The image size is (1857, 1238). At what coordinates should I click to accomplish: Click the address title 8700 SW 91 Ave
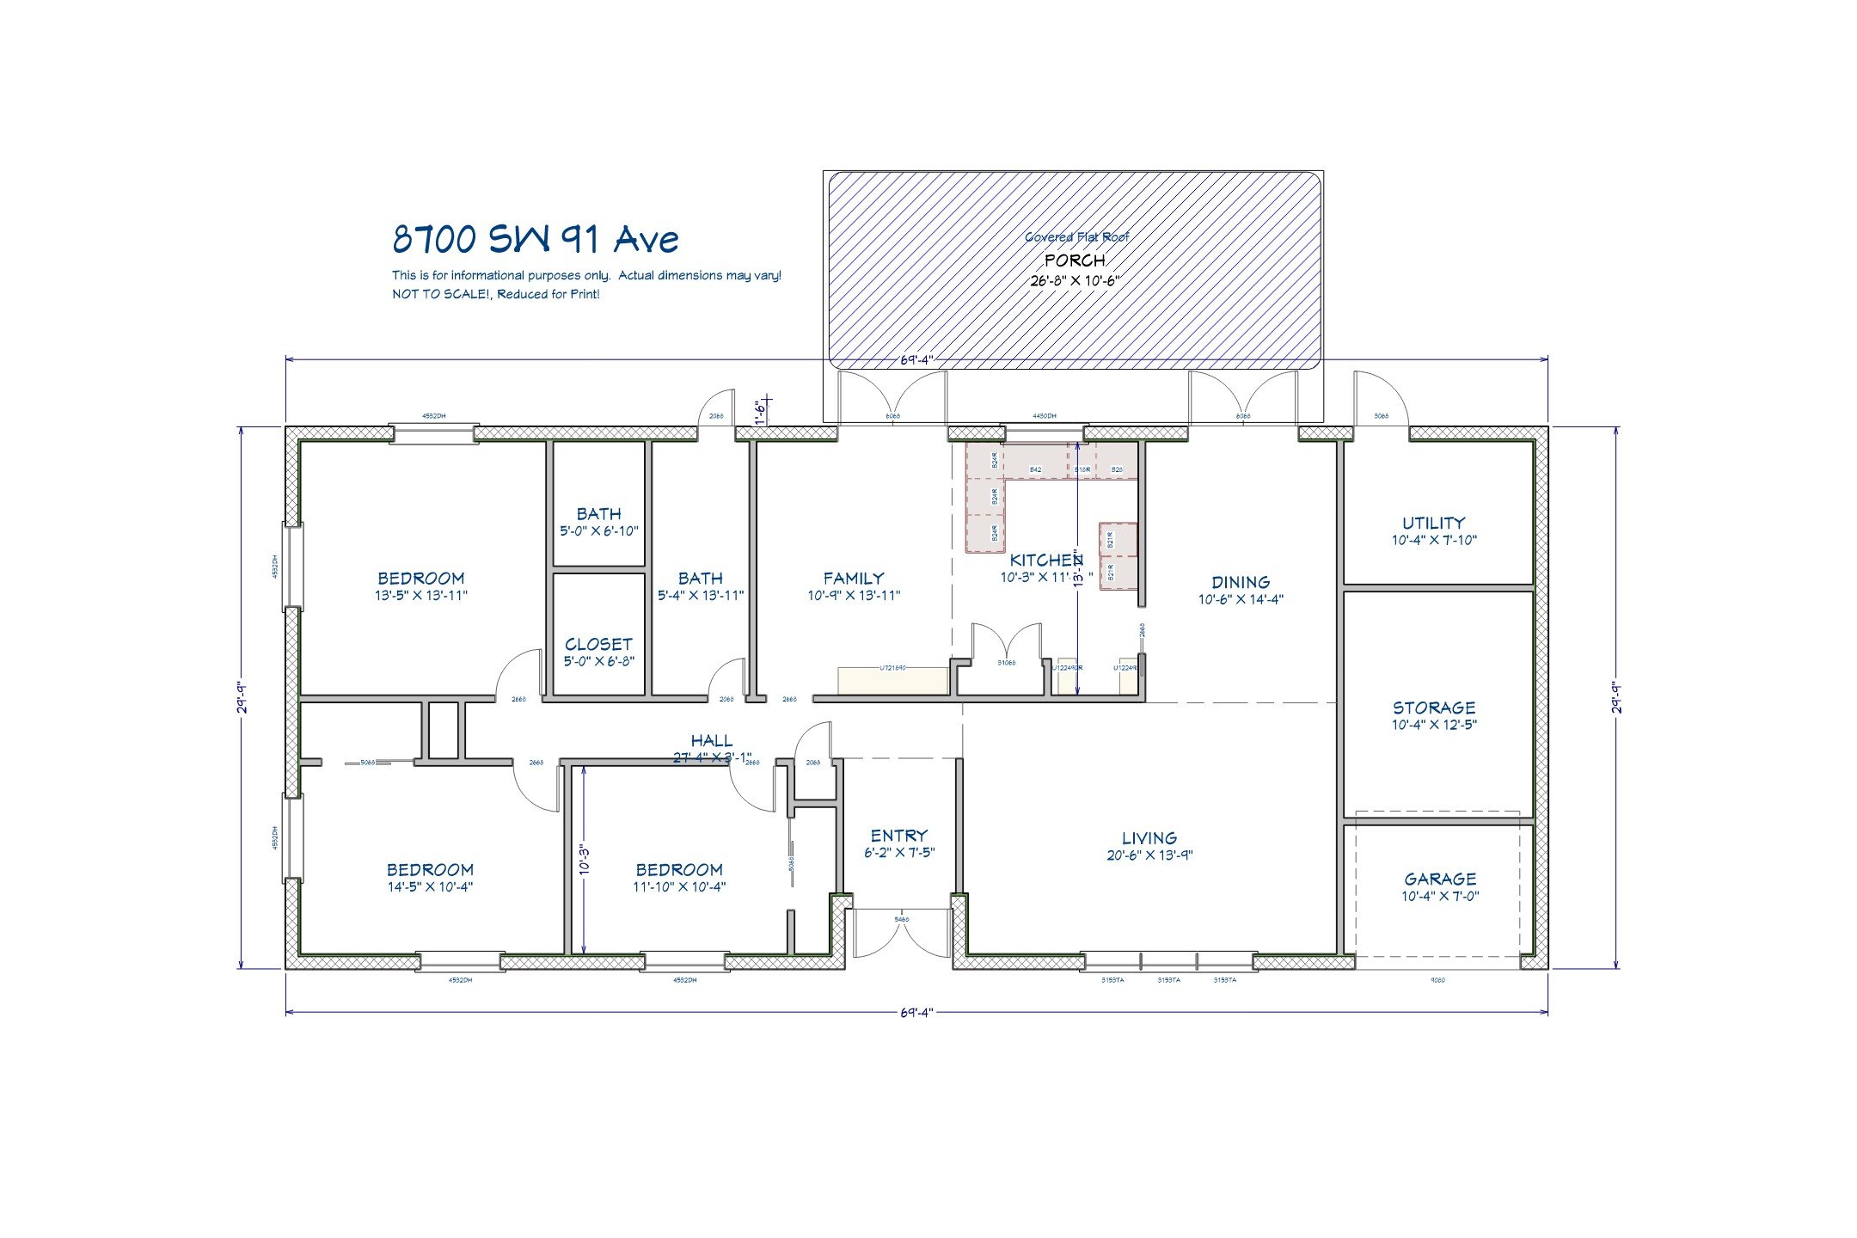click(x=535, y=239)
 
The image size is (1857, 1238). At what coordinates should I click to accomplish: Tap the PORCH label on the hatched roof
click(x=1075, y=260)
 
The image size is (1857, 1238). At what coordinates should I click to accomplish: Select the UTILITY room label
click(x=1433, y=523)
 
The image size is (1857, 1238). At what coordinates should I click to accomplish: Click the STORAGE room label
click(x=1433, y=708)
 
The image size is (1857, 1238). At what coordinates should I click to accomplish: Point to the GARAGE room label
click(x=1440, y=879)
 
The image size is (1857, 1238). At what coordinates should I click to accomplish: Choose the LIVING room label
click(x=1149, y=837)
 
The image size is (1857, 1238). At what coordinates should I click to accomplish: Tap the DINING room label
click(x=1241, y=582)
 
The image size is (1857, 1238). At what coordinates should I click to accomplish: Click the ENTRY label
click(x=898, y=835)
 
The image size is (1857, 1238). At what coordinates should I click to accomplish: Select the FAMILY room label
click(x=853, y=579)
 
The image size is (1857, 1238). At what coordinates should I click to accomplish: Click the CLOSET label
click(x=598, y=644)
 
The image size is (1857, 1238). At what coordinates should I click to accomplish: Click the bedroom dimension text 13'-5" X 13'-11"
click(x=420, y=595)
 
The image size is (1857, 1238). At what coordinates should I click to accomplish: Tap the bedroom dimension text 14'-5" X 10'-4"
click(x=429, y=886)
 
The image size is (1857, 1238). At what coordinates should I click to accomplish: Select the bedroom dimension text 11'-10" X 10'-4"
click(x=679, y=886)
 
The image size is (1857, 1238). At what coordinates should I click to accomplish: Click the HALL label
click(x=712, y=740)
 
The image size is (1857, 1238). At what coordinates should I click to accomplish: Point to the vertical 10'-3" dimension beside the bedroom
click(x=585, y=860)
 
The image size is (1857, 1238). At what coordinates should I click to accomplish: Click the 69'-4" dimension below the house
click(x=916, y=1012)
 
